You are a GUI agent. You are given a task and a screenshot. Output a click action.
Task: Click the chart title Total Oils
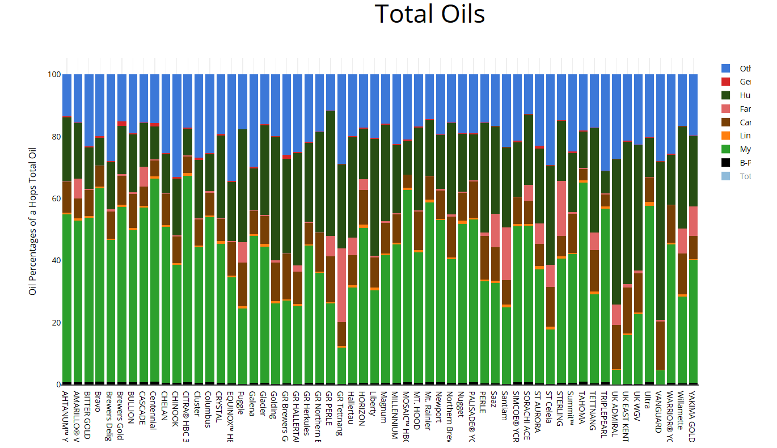(430, 14)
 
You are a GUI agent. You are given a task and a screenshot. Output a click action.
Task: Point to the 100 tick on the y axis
(53, 74)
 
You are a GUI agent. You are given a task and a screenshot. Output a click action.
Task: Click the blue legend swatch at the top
(725, 69)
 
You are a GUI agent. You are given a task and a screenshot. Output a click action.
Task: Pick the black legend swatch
(725, 163)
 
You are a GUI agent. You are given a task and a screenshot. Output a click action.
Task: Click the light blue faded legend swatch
(725, 176)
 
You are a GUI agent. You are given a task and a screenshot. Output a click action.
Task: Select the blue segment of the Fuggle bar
(242, 102)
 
